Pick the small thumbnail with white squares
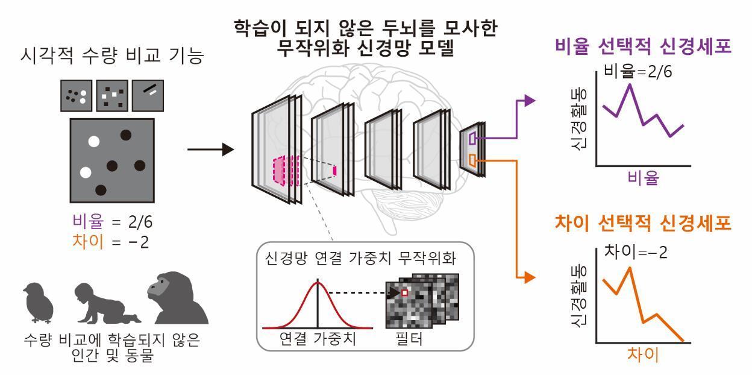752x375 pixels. [112, 95]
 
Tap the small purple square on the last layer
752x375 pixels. [472, 138]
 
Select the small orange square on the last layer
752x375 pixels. [472, 160]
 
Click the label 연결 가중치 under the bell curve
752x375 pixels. [318, 339]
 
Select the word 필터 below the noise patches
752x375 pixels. [408, 339]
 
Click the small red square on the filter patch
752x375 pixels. [404, 293]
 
